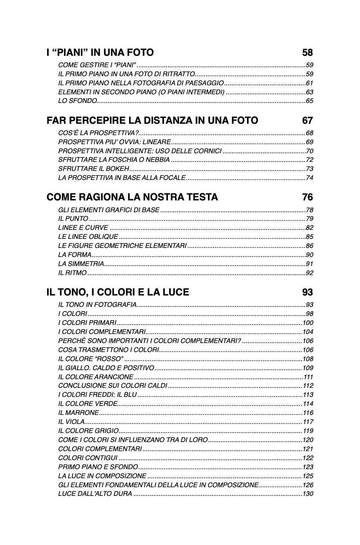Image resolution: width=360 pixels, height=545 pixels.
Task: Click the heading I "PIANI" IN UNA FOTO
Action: point(100,53)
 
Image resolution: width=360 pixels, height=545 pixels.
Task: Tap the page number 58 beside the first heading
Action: point(307,53)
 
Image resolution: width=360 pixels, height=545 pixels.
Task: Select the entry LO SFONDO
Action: point(77,101)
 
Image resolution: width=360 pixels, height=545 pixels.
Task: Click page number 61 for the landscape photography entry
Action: point(309,83)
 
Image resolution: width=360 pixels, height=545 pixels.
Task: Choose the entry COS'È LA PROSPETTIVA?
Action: point(99,133)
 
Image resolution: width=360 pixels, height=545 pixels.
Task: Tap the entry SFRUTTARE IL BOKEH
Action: point(93,169)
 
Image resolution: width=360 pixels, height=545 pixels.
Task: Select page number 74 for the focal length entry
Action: point(309,178)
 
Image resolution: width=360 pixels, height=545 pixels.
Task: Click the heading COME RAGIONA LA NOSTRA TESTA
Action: point(132,197)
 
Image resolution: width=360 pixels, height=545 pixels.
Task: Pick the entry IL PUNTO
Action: point(73,219)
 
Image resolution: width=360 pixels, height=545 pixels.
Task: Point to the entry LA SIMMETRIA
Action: point(81,264)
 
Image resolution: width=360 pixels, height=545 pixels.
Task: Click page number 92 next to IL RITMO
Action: point(309,273)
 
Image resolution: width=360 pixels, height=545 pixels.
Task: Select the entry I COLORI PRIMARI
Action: point(87,323)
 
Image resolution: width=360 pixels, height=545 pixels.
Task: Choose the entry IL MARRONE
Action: point(79,413)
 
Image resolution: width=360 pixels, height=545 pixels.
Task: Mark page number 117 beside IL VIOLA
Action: point(308,422)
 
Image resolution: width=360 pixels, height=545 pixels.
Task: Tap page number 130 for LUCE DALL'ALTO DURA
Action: point(308,494)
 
